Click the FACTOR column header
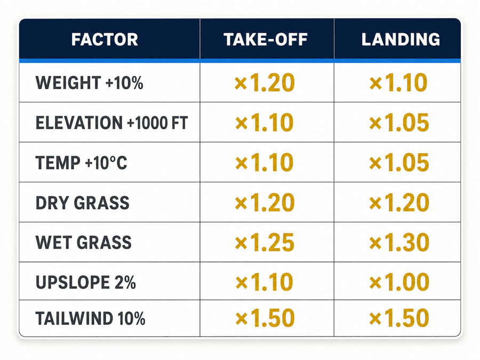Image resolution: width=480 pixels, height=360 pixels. pyautogui.click(x=105, y=39)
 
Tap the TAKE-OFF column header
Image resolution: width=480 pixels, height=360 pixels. pyautogui.click(x=266, y=39)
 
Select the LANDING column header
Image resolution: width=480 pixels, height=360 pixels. pyautogui.click(x=401, y=39)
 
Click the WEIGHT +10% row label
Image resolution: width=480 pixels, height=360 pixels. pyautogui.click(x=90, y=83)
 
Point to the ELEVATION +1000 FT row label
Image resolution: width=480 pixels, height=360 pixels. pyautogui.click(x=112, y=123)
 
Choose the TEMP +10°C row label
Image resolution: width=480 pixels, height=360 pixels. pyautogui.click(x=82, y=163)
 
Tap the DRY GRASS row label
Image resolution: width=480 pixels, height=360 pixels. pyautogui.click(x=83, y=203)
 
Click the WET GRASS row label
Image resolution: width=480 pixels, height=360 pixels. pyautogui.click(x=84, y=242)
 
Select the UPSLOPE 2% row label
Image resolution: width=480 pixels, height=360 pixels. pyautogui.click(x=86, y=282)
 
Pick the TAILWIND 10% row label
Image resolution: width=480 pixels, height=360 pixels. pyautogui.click(x=90, y=318)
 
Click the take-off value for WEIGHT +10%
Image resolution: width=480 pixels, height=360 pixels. pyautogui.click(x=265, y=83)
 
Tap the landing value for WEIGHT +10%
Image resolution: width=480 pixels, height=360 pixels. pyautogui.click(x=398, y=83)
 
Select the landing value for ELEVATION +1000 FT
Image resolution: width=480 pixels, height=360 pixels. pyautogui.click(x=399, y=123)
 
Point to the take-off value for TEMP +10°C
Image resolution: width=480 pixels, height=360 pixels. pyautogui.click(x=264, y=163)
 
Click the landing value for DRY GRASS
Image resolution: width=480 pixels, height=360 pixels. pyautogui.click(x=399, y=203)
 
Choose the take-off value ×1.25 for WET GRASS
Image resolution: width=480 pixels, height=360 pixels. pyautogui.click(x=265, y=242)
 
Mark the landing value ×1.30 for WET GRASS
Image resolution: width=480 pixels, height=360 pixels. pyautogui.click(x=399, y=242)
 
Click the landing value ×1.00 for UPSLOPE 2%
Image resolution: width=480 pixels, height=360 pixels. pyautogui.click(x=399, y=282)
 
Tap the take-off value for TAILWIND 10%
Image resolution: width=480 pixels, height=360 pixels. pyautogui.click(x=265, y=318)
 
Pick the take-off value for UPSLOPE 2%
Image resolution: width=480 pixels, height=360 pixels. pyautogui.click(x=264, y=282)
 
